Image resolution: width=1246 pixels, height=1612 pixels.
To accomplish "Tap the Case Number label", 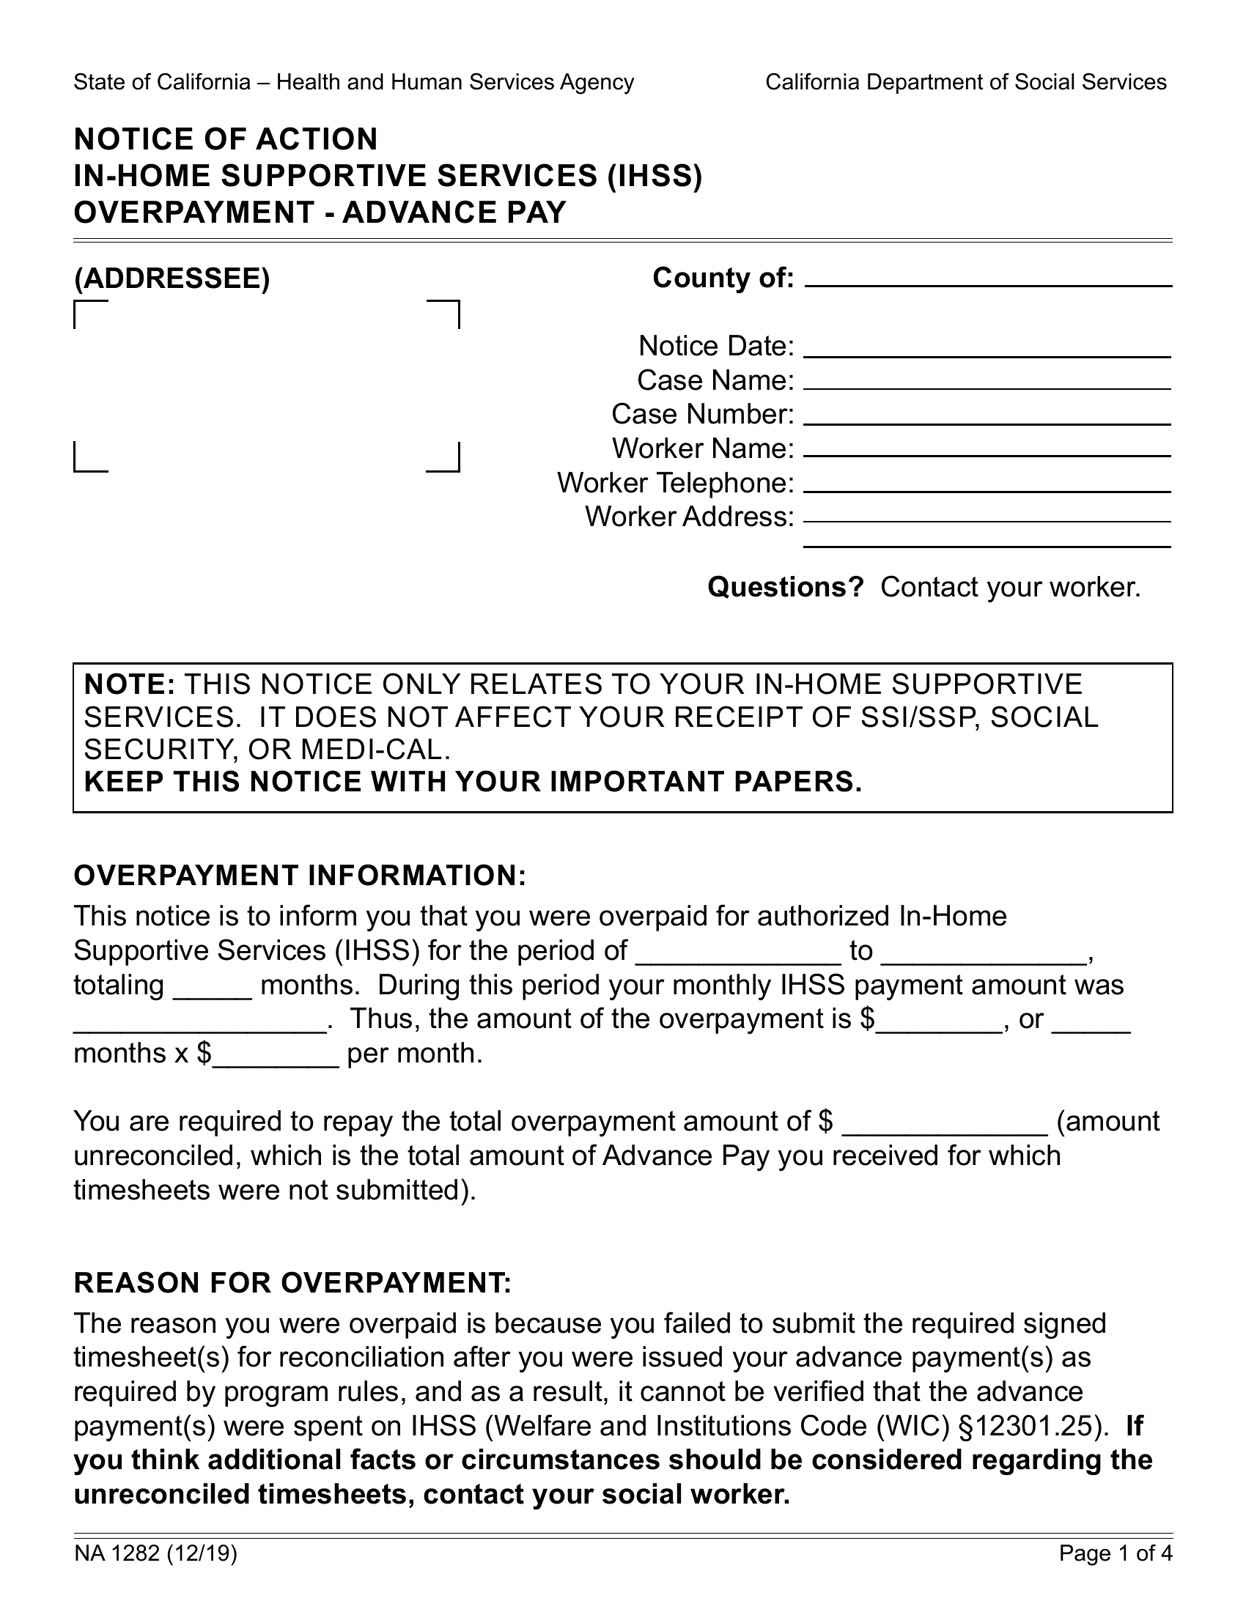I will pos(702,415).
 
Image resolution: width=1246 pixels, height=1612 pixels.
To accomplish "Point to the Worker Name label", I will pos(703,448).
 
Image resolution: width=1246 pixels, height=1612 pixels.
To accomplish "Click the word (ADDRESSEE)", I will pos(172,279).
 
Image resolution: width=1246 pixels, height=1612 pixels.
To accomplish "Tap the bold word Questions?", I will pos(786,588).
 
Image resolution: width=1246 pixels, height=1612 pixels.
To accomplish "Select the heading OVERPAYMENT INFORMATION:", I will pos(300,876).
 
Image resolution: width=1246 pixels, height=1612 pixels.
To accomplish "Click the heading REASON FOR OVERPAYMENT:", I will pos(292,1284).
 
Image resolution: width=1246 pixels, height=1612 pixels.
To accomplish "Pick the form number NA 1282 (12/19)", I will pos(155,1554).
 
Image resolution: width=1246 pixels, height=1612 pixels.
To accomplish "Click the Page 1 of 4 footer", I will pos(1116,1554).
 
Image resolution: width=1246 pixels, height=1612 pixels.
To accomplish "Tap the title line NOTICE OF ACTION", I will pos(226,139).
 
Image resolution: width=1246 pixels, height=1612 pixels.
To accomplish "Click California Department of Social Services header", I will pos(965,82).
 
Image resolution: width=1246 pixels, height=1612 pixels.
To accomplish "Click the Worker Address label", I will pos(690,517).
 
